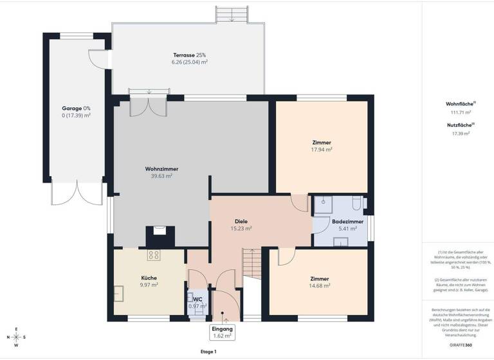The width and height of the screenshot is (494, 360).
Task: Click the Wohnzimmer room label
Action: click(161, 168)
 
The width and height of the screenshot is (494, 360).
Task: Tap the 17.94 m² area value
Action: click(321, 149)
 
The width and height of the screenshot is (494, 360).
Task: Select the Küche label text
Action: click(149, 278)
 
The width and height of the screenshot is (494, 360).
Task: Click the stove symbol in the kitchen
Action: click(154, 255)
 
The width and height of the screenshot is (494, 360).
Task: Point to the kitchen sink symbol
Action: click(120, 293)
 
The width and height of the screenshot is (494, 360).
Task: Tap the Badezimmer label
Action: click(347, 221)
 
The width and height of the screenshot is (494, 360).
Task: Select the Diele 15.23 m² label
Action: click(241, 224)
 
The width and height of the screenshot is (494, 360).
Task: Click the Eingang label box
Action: click(223, 332)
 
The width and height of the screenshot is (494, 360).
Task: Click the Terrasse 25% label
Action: click(189, 55)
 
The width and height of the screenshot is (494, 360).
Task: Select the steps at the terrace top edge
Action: click(230, 15)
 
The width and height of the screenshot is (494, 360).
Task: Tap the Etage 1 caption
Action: click(208, 352)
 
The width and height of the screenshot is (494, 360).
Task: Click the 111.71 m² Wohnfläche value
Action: click(459, 111)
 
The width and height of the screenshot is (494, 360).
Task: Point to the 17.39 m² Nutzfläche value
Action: click(459, 133)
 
